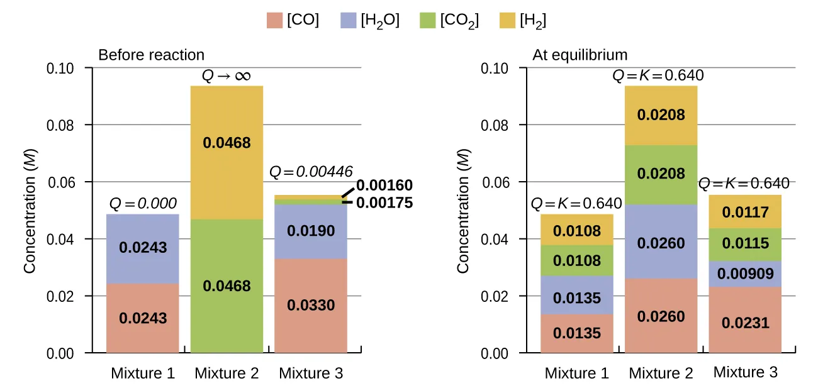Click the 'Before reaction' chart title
pos(151,55)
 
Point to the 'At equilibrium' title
pos(580,55)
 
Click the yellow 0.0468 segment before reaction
pos(227,143)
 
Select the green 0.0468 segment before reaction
pos(227,286)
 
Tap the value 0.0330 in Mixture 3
pos(311,306)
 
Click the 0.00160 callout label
pos(384,186)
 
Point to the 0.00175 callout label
pos(384,202)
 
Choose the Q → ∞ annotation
pos(227,76)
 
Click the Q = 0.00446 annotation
pos(311,171)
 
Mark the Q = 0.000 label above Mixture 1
pos(143,204)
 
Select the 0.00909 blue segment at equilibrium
pos(745,274)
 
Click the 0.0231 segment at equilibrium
pos(745,323)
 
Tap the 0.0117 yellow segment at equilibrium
pos(745,213)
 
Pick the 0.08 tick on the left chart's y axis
pos(60,125)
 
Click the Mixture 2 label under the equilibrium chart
pos(661,374)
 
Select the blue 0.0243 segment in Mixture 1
pos(143,248)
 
